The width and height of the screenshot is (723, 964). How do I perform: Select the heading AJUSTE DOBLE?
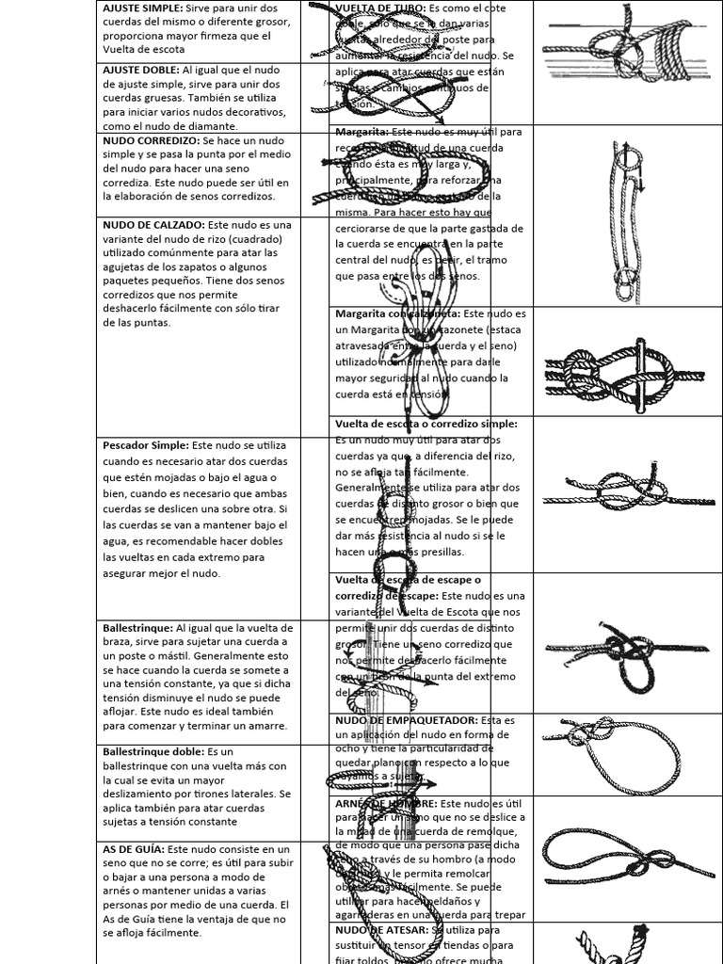coord(138,71)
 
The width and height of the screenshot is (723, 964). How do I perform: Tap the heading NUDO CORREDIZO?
coord(149,139)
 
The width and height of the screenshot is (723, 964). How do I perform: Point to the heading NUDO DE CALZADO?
coord(152,225)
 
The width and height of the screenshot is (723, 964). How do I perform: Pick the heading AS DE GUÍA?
coord(132,849)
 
